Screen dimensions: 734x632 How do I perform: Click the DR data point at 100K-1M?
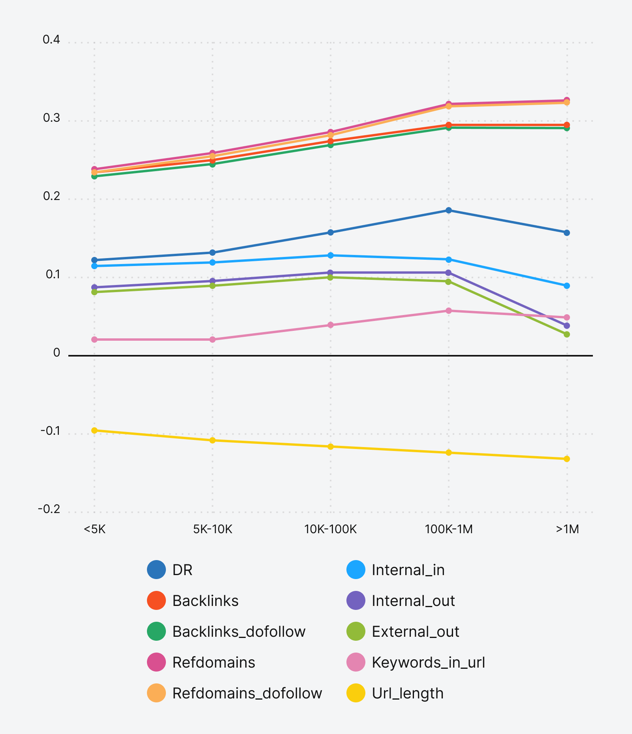449,210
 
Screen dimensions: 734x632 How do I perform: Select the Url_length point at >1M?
567,459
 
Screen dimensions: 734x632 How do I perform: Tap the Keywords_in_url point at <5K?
94,340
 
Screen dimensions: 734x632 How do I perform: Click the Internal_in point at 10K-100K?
331,255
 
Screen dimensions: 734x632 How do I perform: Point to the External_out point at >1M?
567,334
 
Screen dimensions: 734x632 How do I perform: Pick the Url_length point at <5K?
94,430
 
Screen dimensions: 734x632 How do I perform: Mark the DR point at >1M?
567,233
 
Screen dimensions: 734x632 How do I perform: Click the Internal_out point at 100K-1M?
449,273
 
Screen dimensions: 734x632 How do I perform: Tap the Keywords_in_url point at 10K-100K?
331,325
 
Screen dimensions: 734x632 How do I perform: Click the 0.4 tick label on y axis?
51,40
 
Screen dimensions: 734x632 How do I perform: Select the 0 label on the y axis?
56,353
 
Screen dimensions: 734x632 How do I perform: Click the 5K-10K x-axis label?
213,529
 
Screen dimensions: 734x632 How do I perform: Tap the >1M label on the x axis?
567,529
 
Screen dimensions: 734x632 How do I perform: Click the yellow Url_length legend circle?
356,693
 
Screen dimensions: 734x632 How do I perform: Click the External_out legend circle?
356,632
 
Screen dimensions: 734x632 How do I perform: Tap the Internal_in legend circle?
356,570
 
